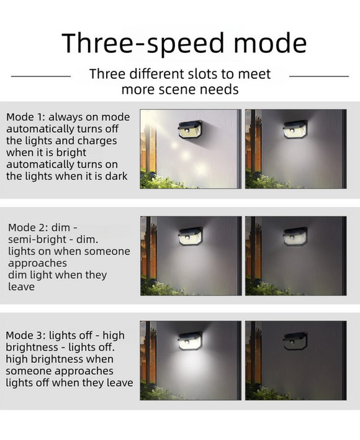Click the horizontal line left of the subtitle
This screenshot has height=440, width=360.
point(41,76)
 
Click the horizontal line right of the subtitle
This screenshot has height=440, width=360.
point(319,76)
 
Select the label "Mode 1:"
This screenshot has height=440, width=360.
point(26,117)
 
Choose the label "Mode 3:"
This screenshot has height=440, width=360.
point(26,336)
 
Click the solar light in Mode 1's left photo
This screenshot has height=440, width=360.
point(189,129)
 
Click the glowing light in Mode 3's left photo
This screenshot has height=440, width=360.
point(189,341)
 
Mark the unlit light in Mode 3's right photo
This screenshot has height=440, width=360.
point(295,341)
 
